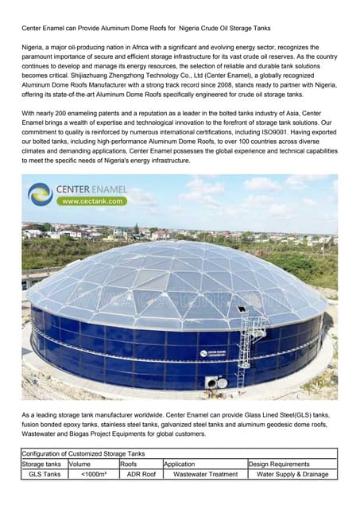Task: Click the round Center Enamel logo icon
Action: coord(40,194)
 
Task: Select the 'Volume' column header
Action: coord(79,464)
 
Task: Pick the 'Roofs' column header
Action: coord(129,464)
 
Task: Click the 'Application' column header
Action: coord(180,464)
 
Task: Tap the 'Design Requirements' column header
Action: coord(279,464)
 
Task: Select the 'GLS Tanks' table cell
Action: coord(45,474)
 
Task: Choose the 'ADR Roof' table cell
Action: coord(141,474)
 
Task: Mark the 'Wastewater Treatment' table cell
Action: coord(204,474)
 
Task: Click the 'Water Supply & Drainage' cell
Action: coord(292,474)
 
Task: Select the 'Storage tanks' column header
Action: coord(42,464)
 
